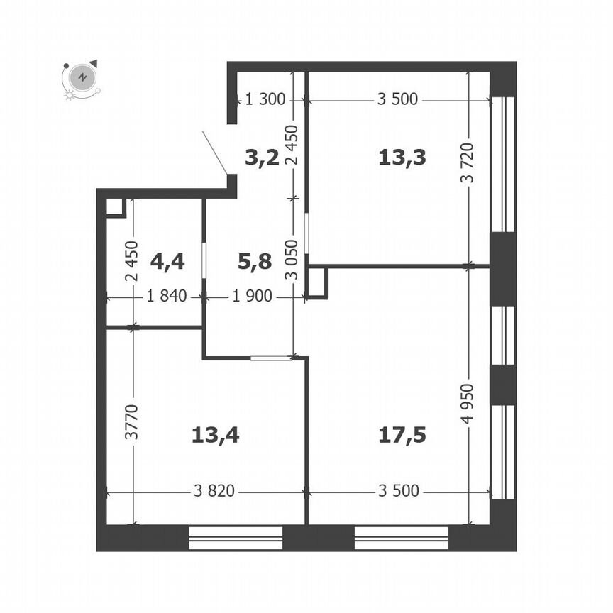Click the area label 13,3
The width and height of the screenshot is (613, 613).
(x=402, y=158)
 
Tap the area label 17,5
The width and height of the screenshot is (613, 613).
(x=402, y=435)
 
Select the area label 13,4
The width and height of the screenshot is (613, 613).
(x=216, y=435)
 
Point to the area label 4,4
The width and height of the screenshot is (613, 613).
(x=167, y=261)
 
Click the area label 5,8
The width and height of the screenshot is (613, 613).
(x=255, y=261)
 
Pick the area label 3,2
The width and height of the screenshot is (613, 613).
(x=262, y=158)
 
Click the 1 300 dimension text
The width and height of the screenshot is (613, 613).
(x=265, y=99)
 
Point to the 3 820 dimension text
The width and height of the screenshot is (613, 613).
(x=214, y=491)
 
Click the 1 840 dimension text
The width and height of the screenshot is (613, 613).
(x=167, y=296)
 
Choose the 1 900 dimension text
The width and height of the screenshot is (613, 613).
(x=252, y=296)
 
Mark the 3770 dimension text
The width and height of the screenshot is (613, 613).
(x=132, y=422)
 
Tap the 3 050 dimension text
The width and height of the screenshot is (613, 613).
(x=292, y=260)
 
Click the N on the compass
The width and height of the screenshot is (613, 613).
(x=82, y=77)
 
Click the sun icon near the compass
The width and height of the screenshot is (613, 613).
(x=70, y=95)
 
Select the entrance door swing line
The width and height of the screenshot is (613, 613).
(x=215, y=153)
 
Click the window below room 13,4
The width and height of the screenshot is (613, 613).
(x=236, y=538)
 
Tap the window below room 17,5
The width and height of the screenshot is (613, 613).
(x=402, y=538)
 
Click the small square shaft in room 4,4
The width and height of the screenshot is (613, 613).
(x=116, y=208)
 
